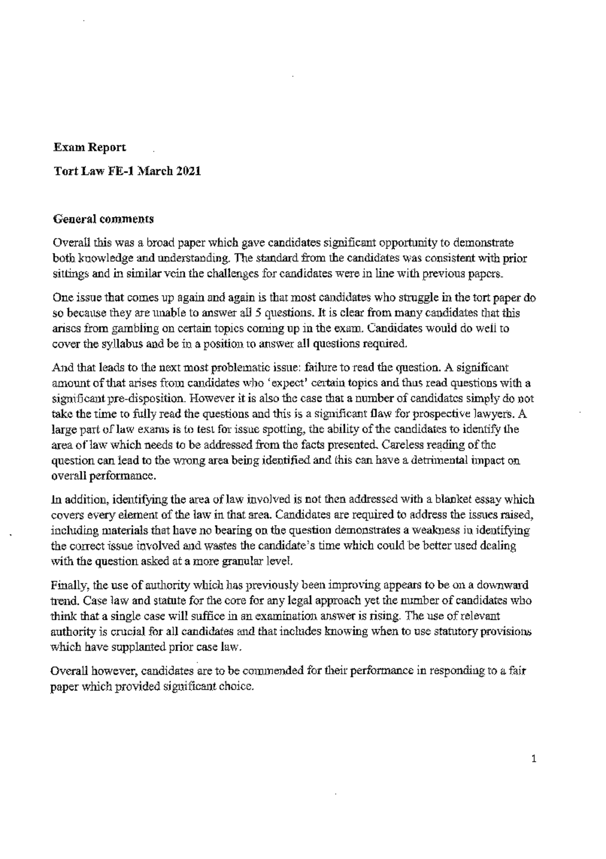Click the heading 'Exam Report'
click(90, 147)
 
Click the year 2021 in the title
click(189, 171)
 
